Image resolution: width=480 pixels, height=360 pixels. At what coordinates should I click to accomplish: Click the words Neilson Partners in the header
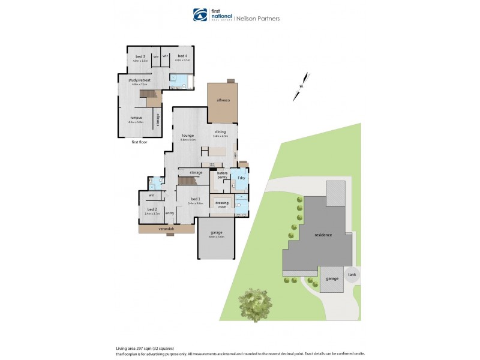coord(257,18)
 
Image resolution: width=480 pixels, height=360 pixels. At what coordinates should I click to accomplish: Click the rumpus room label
coord(135,118)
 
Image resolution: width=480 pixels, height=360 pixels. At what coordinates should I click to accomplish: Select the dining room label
coord(221,132)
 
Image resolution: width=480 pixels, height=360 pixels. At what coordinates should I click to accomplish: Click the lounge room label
coord(188,136)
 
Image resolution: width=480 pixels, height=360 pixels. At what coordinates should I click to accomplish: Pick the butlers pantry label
coord(223,175)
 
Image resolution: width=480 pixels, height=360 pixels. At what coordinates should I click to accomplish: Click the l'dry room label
coord(241,178)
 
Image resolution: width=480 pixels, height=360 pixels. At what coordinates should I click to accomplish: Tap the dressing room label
coord(223,204)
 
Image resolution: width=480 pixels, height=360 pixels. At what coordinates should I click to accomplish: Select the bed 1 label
coord(196,199)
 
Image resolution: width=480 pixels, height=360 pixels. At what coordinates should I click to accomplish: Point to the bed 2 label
coord(151,209)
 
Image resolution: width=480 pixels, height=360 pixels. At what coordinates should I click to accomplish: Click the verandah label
coord(166,229)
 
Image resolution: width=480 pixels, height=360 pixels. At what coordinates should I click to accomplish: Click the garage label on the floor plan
coord(216,233)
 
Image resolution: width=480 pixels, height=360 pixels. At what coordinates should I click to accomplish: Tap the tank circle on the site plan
coord(352,275)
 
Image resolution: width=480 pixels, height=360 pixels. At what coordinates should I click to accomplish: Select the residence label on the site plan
coord(323,235)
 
